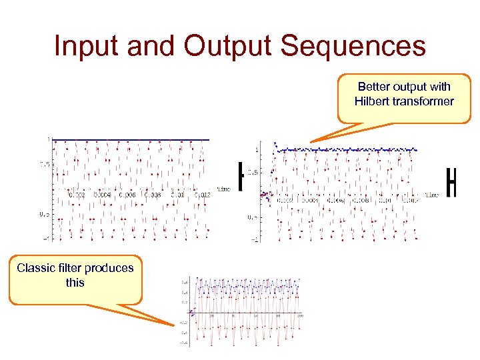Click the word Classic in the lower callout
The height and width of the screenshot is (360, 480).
pos(39,268)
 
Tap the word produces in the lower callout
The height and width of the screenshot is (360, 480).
pos(111,268)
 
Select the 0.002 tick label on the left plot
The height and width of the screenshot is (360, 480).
pos(77,195)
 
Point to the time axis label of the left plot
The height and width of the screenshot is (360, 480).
pos(223,189)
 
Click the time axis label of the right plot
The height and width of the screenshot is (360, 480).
pos(431,195)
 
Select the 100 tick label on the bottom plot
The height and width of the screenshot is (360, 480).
pos(300,316)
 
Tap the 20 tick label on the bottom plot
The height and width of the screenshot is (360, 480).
pos(213,316)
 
